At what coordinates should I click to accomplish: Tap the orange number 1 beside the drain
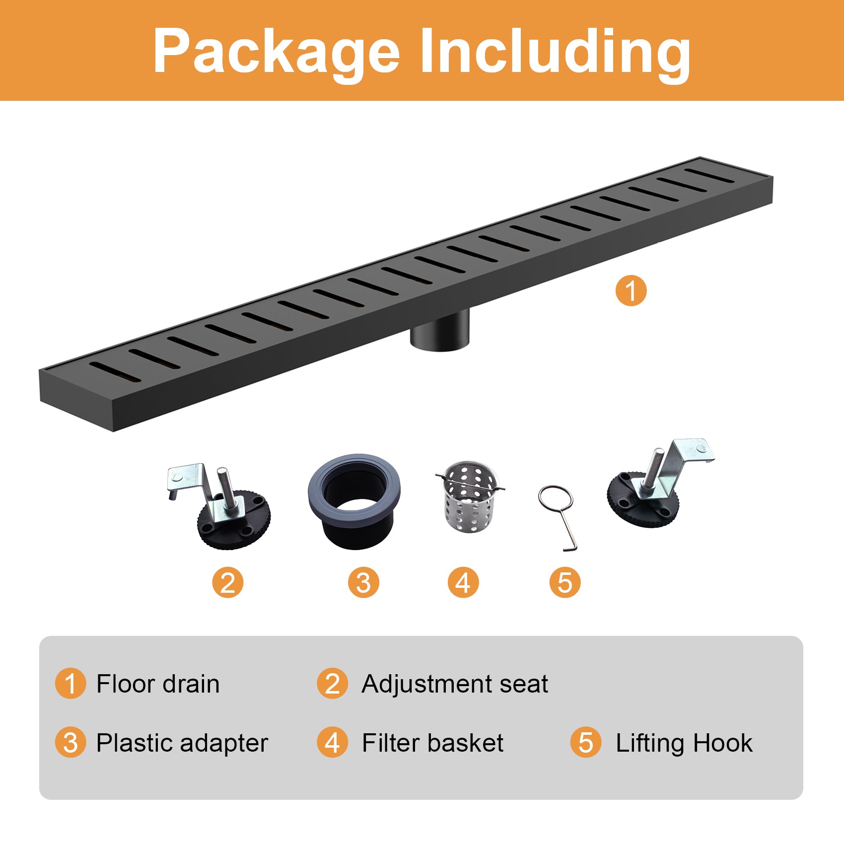click(631, 291)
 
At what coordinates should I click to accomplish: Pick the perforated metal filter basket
click(470, 497)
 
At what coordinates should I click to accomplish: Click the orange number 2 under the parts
click(228, 582)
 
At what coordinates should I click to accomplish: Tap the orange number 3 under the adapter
click(363, 582)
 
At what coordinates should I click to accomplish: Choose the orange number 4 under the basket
click(463, 582)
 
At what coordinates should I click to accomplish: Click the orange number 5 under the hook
click(565, 582)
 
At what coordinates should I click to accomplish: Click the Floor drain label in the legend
click(158, 684)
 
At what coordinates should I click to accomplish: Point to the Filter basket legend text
click(432, 743)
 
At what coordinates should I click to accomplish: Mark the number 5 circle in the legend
click(586, 743)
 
